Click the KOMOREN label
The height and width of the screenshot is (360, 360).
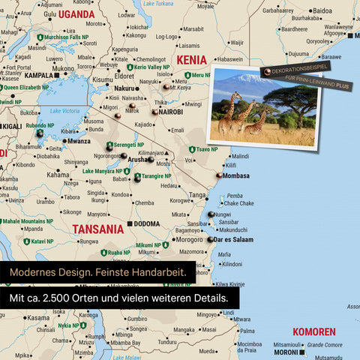click(313, 331)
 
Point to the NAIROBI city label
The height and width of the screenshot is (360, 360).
click(171, 112)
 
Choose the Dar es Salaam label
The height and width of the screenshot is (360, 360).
click(233, 240)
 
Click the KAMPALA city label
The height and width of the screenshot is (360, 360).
click(39, 75)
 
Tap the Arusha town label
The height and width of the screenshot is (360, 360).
click(138, 160)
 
